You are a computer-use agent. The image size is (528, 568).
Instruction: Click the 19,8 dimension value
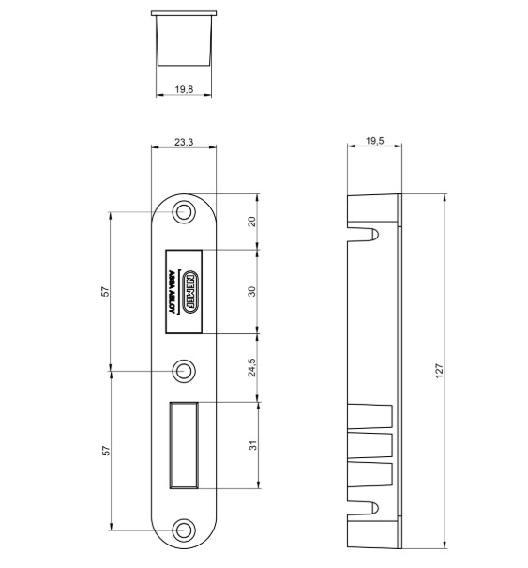coord(184,89)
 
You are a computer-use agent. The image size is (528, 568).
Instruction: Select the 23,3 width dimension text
coord(184,142)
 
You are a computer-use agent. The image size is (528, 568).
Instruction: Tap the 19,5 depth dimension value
coord(373,142)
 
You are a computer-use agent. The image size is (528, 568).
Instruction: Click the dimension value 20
coord(251,222)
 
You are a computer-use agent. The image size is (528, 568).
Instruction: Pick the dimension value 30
coord(251,291)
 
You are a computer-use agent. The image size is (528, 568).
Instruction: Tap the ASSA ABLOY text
coord(173,292)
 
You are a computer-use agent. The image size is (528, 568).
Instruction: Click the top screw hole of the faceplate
coord(184,212)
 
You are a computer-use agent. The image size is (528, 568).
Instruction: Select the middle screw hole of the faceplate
coord(184,370)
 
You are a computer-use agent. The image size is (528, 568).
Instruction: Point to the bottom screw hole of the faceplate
coord(184,529)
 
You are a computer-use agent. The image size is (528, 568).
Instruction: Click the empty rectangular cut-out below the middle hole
coord(184,445)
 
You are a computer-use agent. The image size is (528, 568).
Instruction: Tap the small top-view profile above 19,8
coord(184,38)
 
